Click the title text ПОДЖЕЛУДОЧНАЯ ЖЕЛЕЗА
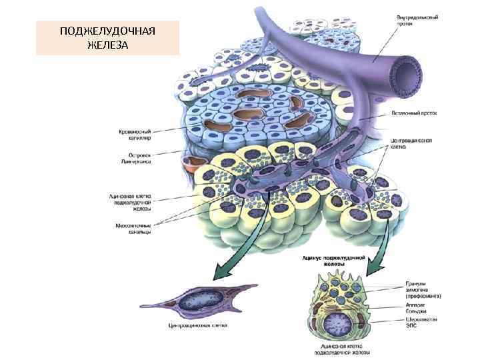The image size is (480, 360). click(x=107, y=37)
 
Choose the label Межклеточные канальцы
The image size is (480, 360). click(x=133, y=229)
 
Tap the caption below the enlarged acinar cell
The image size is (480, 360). click(x=343, y=349)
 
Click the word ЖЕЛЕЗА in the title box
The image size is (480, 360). click(x=107, y=44)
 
